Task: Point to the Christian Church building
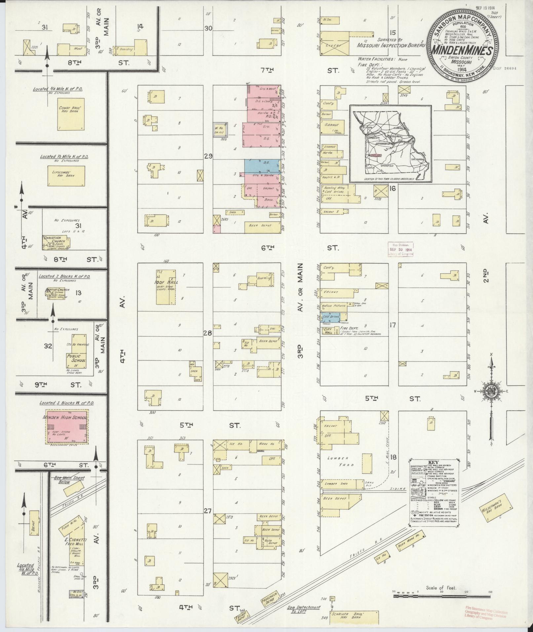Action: [56, 242]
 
